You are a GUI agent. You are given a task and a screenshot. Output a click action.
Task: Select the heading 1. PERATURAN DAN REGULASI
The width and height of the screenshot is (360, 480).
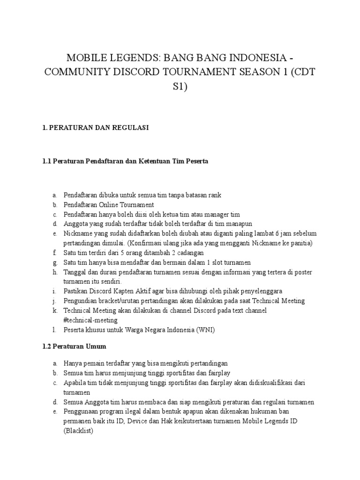coord(96,128)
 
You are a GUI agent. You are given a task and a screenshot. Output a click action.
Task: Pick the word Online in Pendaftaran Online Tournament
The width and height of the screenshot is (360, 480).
coord(112,205)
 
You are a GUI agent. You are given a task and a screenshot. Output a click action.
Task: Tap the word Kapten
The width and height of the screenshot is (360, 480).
coord(128,291)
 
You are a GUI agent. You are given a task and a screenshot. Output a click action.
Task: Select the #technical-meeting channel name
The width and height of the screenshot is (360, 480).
coord(90,319)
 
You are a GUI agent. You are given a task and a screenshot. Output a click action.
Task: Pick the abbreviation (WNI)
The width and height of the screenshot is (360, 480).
coord(206,330)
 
